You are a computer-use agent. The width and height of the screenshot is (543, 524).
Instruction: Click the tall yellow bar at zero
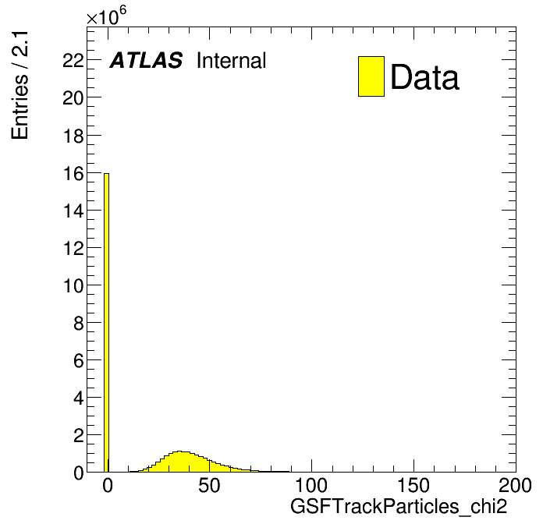(x=106, y=322)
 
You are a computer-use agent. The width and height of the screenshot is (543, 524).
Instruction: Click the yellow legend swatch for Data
(x=371, y=76)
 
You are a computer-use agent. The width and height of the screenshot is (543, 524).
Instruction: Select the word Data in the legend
(x=424, y=76)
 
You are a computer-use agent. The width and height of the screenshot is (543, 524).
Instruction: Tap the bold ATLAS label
(x=146, y=60)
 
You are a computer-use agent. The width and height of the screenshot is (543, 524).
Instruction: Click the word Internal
(x=232, y=60)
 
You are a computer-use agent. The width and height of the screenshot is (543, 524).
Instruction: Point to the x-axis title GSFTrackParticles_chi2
(x=399, y=506)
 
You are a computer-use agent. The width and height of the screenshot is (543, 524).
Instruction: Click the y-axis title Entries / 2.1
(x=20, y=86)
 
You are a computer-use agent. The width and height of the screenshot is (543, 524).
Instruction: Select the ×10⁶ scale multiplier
(x=106, y=16)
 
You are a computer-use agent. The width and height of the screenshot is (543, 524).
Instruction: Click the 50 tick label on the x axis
(x=209, y=485)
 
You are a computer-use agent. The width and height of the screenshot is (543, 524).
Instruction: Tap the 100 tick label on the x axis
(x=311, y=485)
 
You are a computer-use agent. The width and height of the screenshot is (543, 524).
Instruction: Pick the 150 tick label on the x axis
(x=413, y=485)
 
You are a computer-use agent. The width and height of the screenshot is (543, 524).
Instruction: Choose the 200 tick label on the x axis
(x=515, y=485)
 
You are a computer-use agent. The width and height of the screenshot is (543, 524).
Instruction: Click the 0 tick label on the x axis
(x=108, y=485)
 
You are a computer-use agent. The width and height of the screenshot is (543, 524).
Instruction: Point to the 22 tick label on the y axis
(x=73, y=62)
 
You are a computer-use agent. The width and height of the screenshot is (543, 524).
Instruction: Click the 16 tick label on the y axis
(x=73, y=174)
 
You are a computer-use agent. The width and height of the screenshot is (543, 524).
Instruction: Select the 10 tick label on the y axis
(x=73, y=286)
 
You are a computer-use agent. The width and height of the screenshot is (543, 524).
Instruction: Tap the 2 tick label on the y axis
(x=79, y=436)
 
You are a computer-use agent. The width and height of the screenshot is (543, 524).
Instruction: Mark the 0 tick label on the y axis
(x=79, y=473)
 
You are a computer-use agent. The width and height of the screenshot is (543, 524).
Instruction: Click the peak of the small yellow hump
(x=179, y=451)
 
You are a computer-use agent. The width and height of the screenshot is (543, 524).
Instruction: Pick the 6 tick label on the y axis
(x=79, y=361)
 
